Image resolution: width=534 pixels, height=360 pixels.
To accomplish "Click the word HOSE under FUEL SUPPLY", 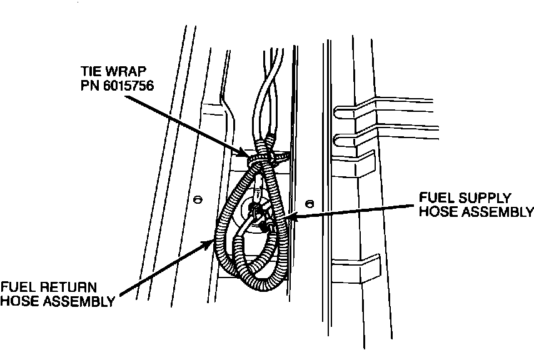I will (437, 212).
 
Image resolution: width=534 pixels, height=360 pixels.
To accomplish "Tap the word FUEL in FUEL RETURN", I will (18, 287).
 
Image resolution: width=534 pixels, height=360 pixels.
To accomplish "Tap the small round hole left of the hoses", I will (198, 199).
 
